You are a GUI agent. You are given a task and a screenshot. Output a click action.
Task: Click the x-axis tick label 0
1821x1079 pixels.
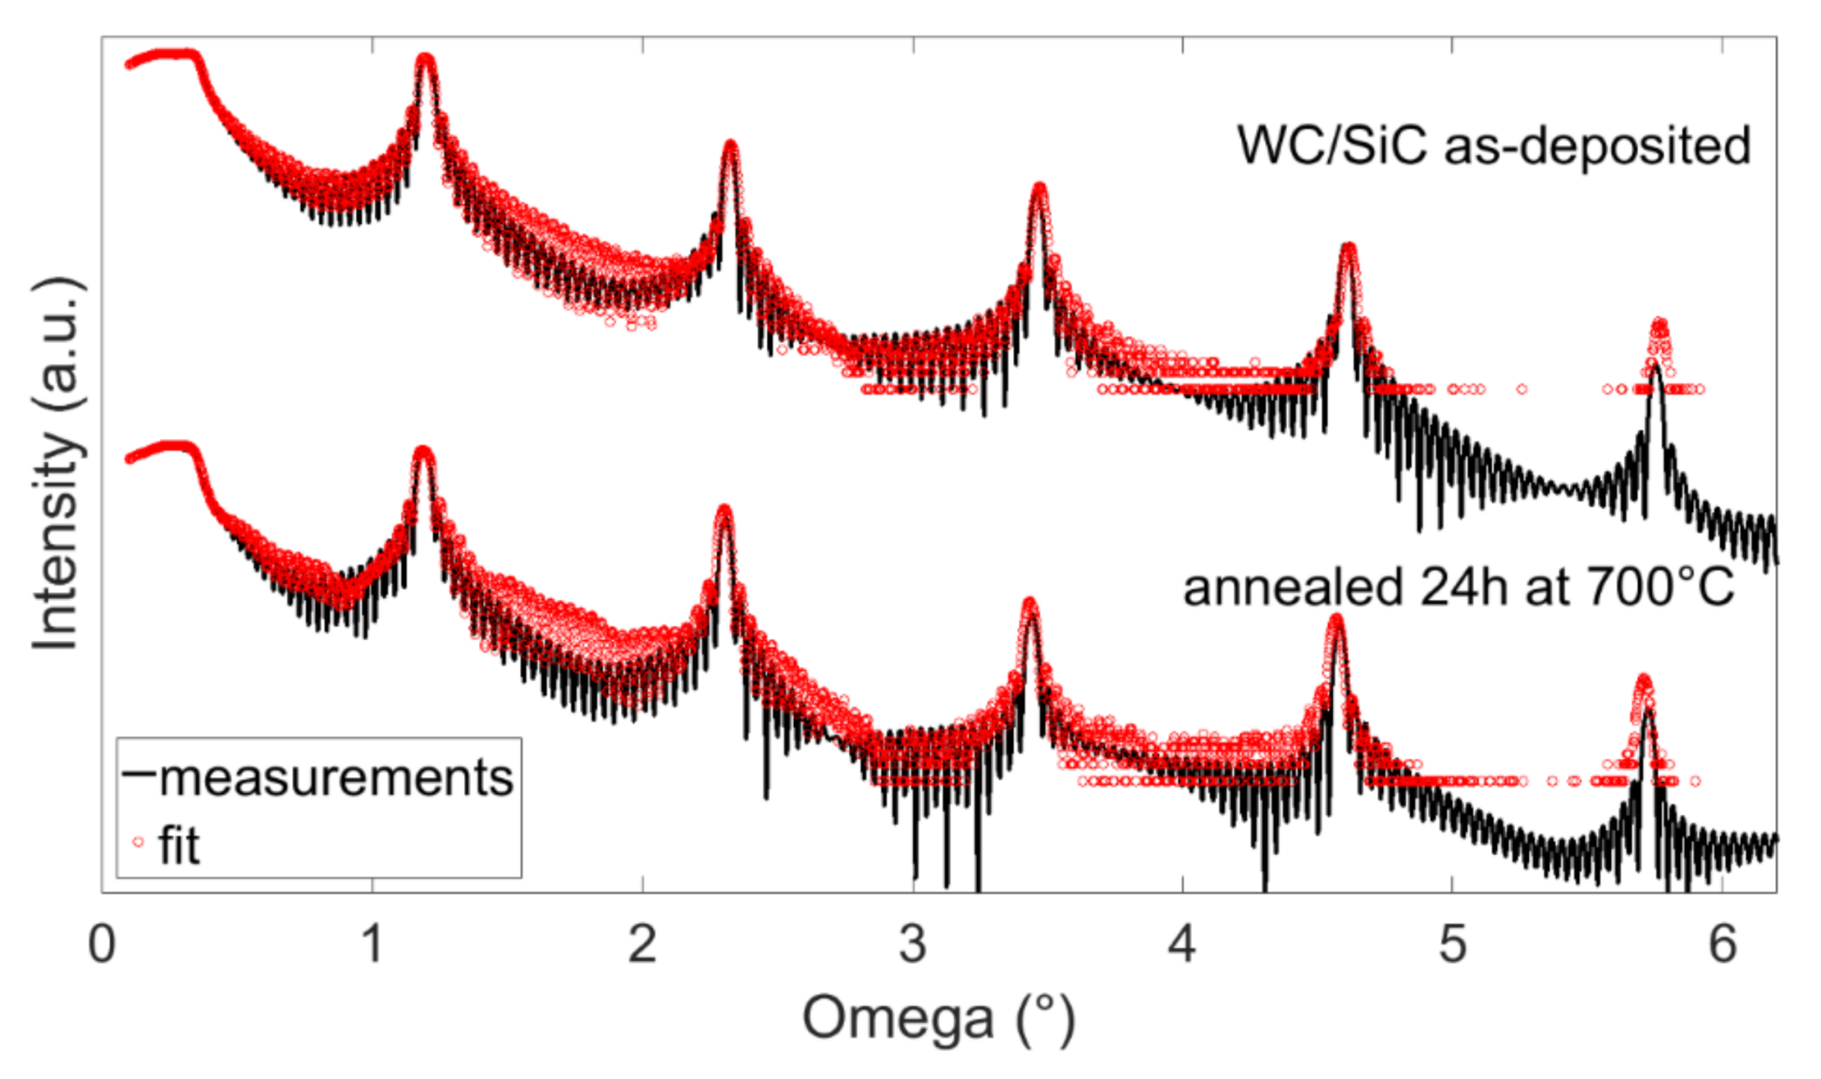click(x=102, y=944)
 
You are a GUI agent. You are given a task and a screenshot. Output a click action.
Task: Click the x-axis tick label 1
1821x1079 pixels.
click(x=371, y=944)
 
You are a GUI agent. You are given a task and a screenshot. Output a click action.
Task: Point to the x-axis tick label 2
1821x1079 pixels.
click(x=642, y=944)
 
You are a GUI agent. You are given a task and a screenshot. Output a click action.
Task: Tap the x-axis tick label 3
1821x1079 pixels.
click(x=913, y=944)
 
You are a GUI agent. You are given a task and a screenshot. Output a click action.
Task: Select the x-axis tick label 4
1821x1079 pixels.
click(x=1182, y=944)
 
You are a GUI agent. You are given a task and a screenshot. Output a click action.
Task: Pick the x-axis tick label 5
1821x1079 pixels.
click(x=1452, y=944)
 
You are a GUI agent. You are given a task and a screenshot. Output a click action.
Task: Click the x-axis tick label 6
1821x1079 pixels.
click(x=1722, y=944)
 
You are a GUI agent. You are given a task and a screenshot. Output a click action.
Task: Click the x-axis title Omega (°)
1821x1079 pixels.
click(x=939, y=1019)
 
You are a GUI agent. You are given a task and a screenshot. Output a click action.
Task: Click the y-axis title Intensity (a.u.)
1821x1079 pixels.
click(x=56, y=463)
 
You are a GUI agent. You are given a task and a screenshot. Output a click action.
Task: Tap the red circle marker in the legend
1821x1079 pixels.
click(x=138, y=842)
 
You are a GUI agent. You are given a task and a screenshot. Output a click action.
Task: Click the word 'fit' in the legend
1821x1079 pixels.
click(x=179, y=845)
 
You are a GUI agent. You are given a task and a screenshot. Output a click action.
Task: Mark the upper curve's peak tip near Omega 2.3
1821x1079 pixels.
click(x=730, y=145)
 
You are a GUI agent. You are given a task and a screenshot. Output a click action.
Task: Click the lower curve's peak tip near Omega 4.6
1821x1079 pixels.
click(x=1336, y=619)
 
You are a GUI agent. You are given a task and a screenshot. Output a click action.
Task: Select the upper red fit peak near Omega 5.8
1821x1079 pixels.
click(x=1660, y=324)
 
